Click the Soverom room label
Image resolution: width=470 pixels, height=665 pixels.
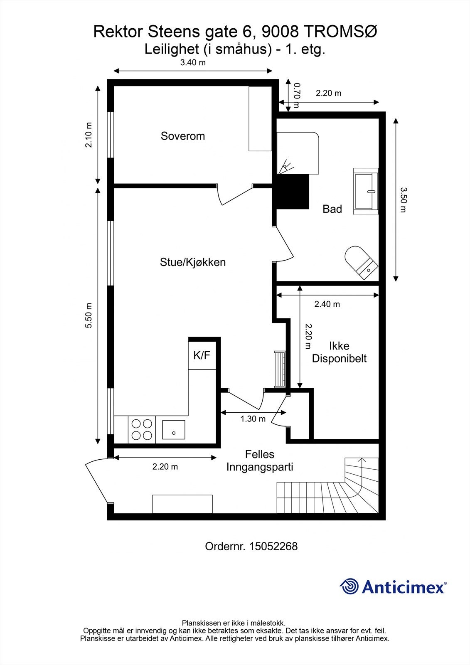click(x=182, y=136)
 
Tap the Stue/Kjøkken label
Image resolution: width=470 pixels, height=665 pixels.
click(x=193, y=262)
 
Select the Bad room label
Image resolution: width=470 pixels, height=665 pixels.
click(x=332, y=209)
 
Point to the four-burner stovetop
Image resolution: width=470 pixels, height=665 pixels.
click(x=142, y=429)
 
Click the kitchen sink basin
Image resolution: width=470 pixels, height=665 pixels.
click(x=173, y=430)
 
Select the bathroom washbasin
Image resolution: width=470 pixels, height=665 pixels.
click(x=366, y=191)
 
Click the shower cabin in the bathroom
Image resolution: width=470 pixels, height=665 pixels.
click(x=298, y=153)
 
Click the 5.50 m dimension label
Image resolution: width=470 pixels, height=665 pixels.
click(x=89, y=315)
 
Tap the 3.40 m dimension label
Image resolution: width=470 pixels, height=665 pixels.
click(x=193, y=62)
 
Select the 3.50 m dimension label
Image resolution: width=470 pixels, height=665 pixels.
click(x=403, y=200)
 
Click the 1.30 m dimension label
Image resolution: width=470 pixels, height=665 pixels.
click(x=253, y=419)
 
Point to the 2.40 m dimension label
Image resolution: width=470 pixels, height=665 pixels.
click(x=327, y=304)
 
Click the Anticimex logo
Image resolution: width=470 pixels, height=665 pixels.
click(x=393, y=586)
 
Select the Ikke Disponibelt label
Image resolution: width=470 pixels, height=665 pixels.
click(x=339, y=352)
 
